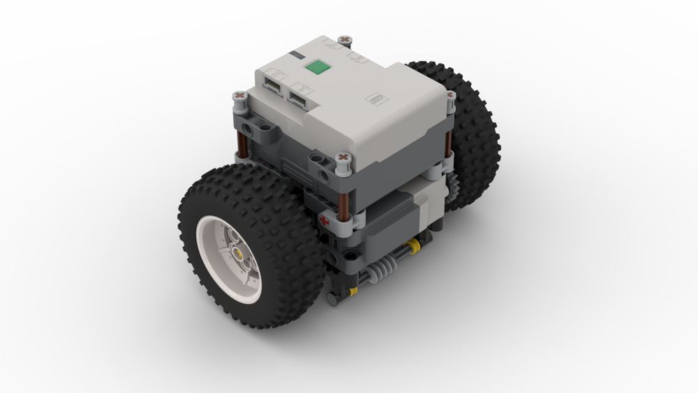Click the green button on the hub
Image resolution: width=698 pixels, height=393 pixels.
[x=318, y=68]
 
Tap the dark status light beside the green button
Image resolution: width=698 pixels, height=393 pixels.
[x=299, y=55]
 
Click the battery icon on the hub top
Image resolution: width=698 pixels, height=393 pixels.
[x=377, y=99]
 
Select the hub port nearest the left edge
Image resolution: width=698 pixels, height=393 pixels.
[x=274, y=83]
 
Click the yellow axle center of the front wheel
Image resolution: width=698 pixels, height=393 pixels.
[x=240, y=255]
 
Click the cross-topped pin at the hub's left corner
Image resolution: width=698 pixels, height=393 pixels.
[x=239, y=97]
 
